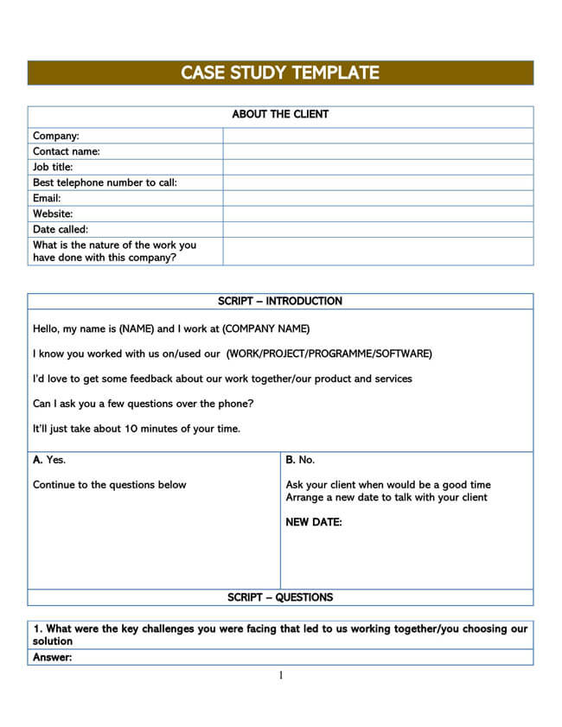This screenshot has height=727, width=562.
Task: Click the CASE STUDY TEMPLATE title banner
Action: tap(280, 73)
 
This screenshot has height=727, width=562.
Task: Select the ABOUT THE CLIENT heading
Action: tap(280, 114)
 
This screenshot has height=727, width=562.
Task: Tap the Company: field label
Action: tap(56, 136)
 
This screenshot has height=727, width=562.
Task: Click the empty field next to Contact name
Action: tap(378, 151)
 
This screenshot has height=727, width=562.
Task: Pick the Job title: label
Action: tap(53, 167)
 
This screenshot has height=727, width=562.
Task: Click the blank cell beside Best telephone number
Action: tap(378, 182)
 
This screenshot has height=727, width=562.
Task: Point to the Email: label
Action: tap(47, 198)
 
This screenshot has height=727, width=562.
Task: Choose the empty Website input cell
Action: tap(378, 214)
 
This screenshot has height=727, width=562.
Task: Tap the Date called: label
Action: tap(61, 229)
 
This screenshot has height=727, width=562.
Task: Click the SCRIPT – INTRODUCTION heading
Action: tap(280, 302)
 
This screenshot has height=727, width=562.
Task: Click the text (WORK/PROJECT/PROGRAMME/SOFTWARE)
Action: tap(329, 354)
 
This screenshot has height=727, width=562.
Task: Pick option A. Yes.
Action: tap(49, 460)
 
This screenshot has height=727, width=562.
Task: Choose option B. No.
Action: tap(300, 460)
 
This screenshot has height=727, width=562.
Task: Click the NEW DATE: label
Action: tap(314, 522)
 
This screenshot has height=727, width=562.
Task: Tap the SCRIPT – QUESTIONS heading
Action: tap(280, 597)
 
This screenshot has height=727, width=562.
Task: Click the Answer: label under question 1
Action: tap(52, 658)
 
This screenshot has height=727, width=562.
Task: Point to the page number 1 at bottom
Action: tap(281, 675)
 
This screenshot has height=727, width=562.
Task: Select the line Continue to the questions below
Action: tap(110, 485)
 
